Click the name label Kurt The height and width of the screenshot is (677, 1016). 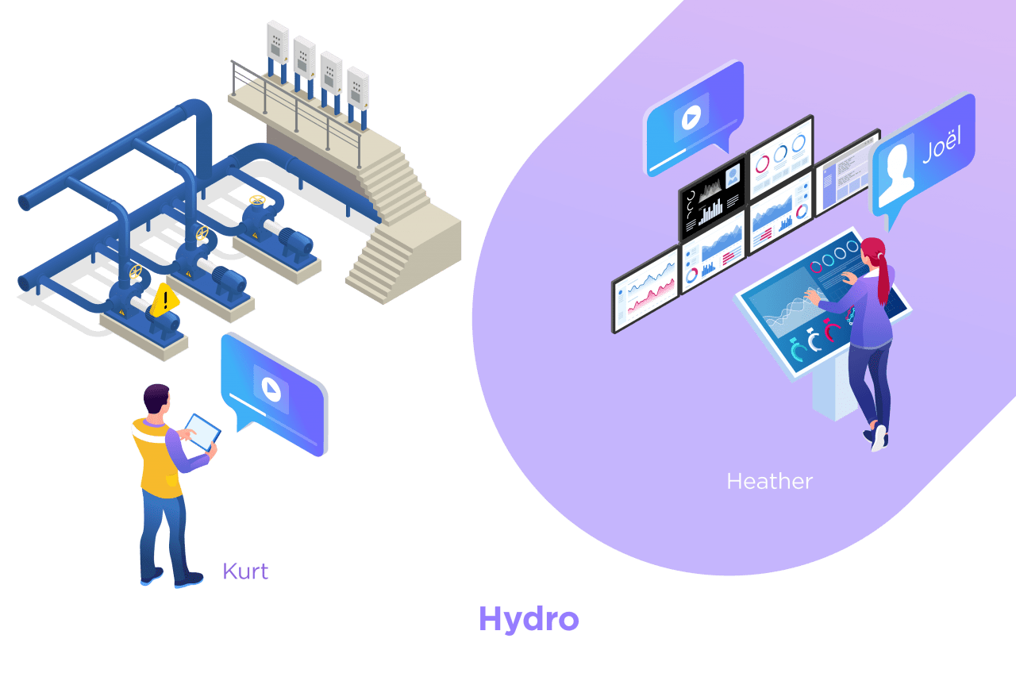[x=245, y=571]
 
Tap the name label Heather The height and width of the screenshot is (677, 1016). [x=769, y=481]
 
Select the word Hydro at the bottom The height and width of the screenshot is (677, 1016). [x=529, y=620]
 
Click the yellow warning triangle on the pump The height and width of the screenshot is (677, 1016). [x=165, y=300]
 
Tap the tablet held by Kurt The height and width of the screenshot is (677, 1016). [x=203, y=432]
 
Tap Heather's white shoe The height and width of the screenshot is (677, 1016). [x=879, y=438]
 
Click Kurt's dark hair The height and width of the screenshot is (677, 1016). [x=156, y=396]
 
